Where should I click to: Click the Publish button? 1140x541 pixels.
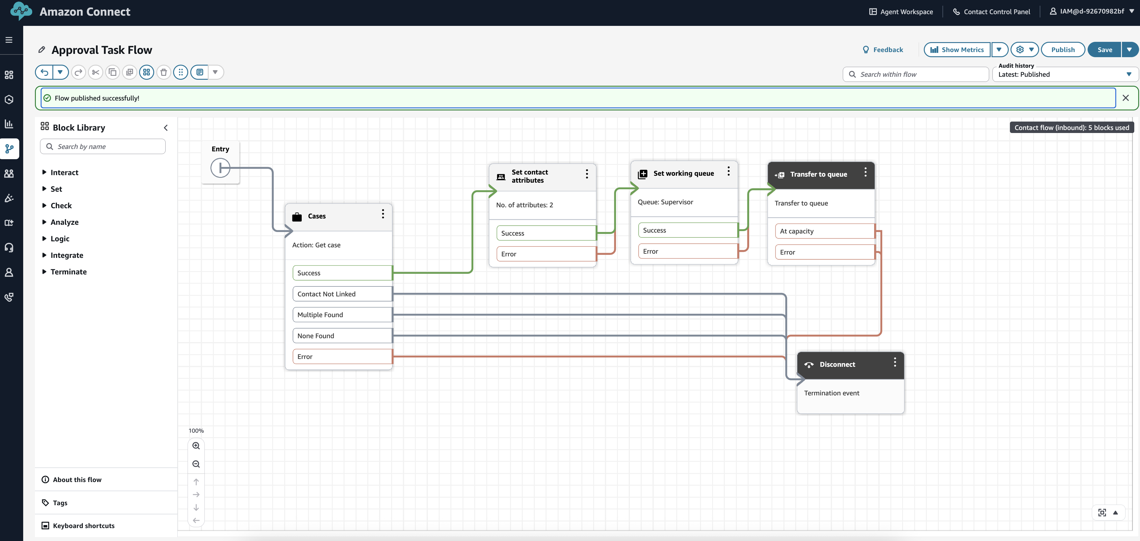1063,50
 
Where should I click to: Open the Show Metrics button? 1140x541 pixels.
957,50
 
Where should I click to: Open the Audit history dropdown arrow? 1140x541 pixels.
1129,74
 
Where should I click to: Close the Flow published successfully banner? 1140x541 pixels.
1125,98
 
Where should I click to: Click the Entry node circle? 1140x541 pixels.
220,168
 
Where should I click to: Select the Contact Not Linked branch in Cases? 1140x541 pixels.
342,294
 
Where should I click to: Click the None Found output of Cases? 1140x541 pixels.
342,336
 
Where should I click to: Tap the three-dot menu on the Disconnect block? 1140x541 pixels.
895,362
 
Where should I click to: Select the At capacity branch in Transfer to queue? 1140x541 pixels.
824,231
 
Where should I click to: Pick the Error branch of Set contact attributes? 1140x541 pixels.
546,254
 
